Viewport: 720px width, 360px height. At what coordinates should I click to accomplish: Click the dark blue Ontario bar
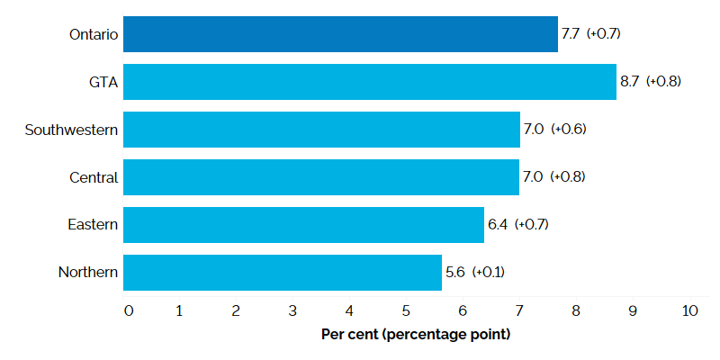coord(340,34)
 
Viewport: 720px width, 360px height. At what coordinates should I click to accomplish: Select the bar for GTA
coord(369,82)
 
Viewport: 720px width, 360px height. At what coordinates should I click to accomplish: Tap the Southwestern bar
coord(321,130)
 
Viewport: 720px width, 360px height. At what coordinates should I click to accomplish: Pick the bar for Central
coord(321,177)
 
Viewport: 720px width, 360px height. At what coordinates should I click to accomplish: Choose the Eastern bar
coord(303,225)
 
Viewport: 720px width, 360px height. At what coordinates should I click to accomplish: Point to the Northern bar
coord(282,273)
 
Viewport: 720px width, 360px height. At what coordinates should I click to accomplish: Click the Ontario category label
coord(94,35)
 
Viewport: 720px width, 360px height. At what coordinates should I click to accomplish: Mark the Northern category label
coord(88,273)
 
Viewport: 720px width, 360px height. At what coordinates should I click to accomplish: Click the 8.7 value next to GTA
coord(630,82)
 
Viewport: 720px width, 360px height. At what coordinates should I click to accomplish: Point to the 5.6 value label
coord(454,273)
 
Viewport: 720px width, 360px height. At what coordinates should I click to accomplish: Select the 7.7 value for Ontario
coord(571,34)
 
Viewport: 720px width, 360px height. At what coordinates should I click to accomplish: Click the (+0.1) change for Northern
coord(489,273)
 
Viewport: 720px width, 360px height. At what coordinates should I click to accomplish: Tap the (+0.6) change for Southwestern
coord(569,130)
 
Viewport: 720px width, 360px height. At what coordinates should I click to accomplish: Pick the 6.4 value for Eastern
coord(498,225)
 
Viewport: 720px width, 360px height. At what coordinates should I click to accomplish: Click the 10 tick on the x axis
coord(689,311)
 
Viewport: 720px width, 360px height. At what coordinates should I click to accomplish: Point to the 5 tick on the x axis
coord(406,311)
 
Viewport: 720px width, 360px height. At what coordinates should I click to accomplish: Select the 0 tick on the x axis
coord(129,311)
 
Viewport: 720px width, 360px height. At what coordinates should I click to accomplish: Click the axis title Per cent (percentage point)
coord(416,335)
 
